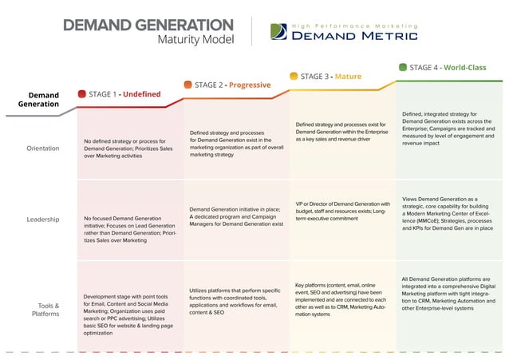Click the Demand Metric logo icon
(278, 31)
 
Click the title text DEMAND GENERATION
(148, 25)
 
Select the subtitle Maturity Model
(196, 40)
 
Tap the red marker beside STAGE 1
(81, 94)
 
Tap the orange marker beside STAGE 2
(187, 85)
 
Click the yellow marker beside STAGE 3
(294, 76)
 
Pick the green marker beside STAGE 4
(403, 68)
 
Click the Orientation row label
(42, 148)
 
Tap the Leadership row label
(42, 219)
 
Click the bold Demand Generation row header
(38, 99)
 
